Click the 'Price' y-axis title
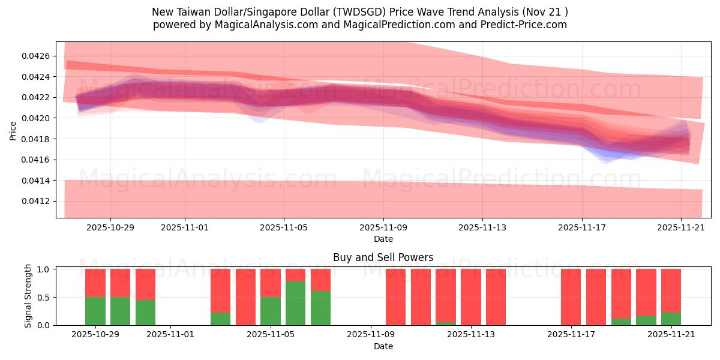13,130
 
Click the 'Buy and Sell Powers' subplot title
383,257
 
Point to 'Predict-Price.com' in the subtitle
520,25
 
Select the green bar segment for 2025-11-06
295,303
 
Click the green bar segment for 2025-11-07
320,308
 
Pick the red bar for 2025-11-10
395,297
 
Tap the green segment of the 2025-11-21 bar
671,319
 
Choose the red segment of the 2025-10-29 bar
95,283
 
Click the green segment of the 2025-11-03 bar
220,319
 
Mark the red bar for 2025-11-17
571,297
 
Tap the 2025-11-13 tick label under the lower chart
470,335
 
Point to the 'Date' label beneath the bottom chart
383,346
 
